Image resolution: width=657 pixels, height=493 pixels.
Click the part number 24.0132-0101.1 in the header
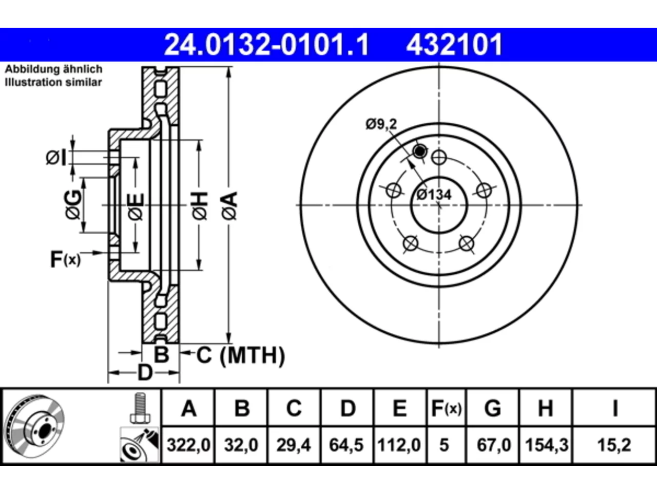(266, 45)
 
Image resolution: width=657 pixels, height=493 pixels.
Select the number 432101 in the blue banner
(454, 45)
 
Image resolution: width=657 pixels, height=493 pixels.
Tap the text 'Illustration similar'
(53, 82)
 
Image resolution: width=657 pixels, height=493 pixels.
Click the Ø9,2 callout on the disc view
(381, 124)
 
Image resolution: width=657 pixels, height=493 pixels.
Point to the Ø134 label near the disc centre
(434, 195)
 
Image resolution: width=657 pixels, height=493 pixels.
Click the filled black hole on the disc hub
(420, 151)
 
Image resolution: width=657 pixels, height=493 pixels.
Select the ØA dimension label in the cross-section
(229, 206)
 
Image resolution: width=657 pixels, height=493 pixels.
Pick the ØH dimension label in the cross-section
(200, 206)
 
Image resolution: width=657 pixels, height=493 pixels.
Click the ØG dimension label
(73, 204)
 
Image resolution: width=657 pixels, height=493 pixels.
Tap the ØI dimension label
(56, 158)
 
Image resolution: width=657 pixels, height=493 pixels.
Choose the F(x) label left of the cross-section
(66, 259)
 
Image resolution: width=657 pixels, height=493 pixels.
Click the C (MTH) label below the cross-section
(241, 355)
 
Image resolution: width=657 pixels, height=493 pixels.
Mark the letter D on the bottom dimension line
(145, 373)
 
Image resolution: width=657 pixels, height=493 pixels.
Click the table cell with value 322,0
(188, 445)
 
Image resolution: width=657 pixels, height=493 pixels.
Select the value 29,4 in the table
(294, 445)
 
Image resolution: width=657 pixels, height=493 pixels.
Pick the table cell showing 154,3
(546, 445)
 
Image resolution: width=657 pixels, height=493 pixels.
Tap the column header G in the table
(493, 408)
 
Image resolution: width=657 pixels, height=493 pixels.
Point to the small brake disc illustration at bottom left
(35, 426)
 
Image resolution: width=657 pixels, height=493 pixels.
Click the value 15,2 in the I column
(614, 445)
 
